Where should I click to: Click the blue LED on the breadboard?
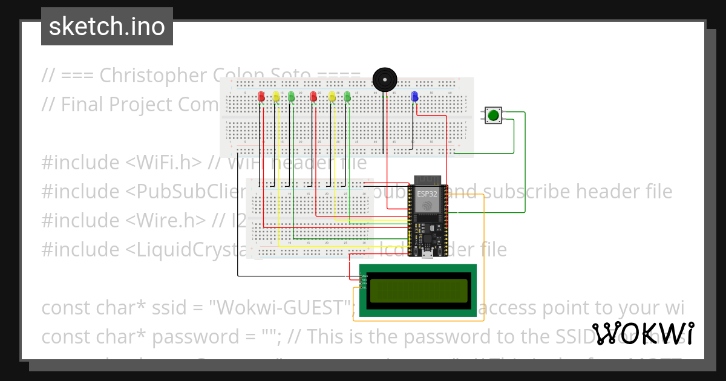tap(414, 96)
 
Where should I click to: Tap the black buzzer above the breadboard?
tap(384, 80)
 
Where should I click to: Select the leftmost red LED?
tap(261, 96)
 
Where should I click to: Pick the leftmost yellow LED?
tap(276, 96)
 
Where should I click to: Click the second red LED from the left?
tap(313, 96)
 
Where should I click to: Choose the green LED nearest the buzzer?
tap(347, 96)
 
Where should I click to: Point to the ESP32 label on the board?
tap(427, 194)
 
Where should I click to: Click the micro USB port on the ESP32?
tap(427, 253)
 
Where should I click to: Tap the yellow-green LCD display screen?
tap(418, 291)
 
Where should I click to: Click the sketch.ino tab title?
tap(107, 27)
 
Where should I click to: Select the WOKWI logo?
tap(643, 334)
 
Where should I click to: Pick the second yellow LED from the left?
tap(332, 96)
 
